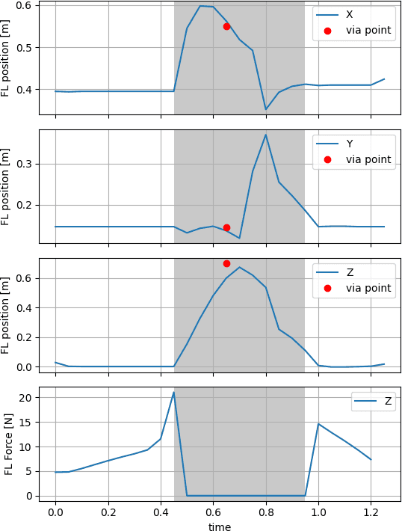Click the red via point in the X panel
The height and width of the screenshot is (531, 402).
(226, 26)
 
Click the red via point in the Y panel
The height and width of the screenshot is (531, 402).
(226, 227)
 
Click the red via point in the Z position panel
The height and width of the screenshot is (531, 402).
(226, 263)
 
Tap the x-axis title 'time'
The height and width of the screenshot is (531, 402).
(220, 527)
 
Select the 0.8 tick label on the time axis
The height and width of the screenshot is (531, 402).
(265, 513)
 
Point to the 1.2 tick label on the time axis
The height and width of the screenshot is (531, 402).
(371, 513)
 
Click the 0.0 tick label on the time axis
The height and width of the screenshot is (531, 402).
(55, 513)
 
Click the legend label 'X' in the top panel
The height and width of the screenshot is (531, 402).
(350, 15)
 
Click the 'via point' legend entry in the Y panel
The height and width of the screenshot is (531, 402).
(368, 159)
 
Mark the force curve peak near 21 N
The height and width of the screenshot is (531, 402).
(174, 392)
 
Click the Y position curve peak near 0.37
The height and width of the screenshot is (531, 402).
(265, 135)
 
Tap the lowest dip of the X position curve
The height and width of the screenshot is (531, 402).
(265, 110)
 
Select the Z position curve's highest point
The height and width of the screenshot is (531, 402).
(239, 267)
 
